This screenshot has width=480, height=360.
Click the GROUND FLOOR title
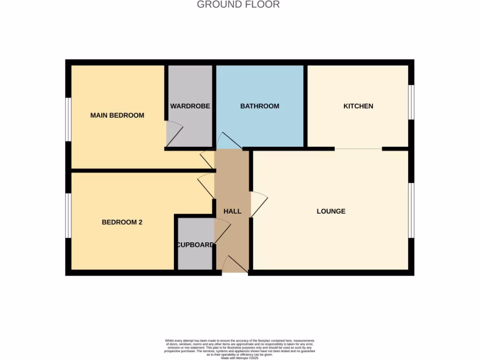point(238,5)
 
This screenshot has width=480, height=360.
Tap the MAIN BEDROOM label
point(117,115)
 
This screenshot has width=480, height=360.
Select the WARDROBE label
point(190,106)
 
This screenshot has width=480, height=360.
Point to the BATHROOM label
point(260,106)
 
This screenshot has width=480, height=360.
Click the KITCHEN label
point(358,106)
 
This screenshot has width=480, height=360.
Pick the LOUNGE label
point(331,211)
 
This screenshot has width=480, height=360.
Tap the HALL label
point(232,211)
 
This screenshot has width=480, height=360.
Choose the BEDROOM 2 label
point(122,222)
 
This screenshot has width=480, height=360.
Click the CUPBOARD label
point(195,245)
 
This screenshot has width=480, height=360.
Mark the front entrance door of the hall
point(235,265)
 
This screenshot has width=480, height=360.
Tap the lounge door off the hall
point(259,204)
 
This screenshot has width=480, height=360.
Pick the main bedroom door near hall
point(207,159)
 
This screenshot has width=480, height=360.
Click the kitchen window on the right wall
point(411,102)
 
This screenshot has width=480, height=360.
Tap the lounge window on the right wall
point(411,210)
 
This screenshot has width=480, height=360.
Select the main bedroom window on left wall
point(68,119)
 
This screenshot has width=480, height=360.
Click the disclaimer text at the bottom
point(240,349)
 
